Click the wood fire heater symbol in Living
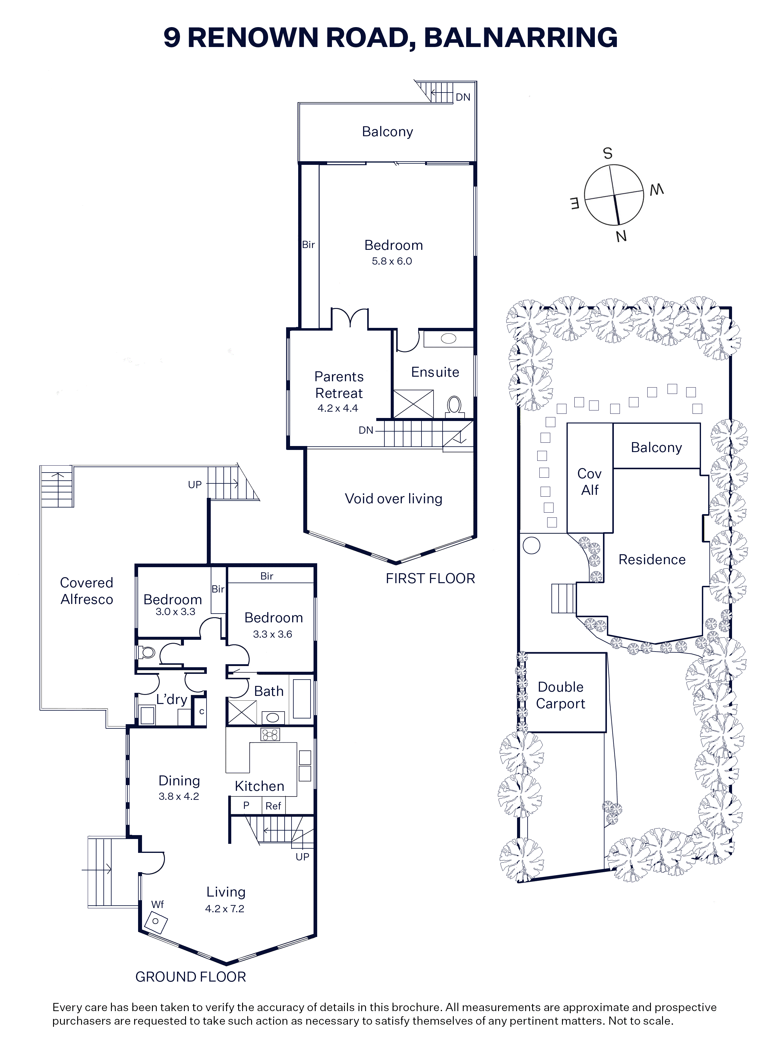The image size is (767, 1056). click(156, 922)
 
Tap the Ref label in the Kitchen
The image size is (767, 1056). click(273, 806)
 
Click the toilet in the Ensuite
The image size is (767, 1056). click(454, 406)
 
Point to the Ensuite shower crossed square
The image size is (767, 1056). click(414, 404)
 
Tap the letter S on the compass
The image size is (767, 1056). click(608, 153)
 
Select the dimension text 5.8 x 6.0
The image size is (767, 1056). click(392, 261)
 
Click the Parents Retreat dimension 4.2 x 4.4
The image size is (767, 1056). click(338, 408)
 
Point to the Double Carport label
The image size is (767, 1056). click(561, 695)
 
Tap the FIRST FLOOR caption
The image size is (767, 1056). click(430, 578)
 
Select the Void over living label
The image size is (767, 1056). click(393, 499)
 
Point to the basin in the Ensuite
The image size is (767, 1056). click(448, 338)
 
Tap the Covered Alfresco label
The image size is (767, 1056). click(87, 591)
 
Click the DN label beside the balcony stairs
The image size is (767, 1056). click(463, 97)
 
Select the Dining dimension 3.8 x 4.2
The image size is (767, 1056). click(179, 796)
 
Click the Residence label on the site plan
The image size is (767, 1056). click(652, 559)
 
